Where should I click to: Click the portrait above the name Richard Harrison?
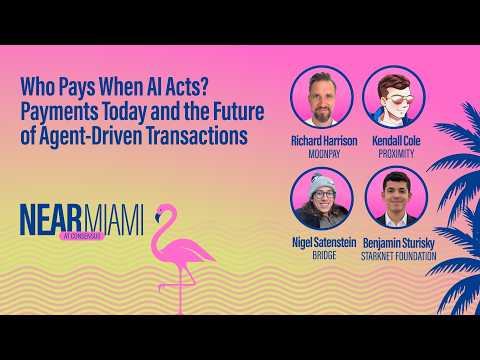pos(322,97)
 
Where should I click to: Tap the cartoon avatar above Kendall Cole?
pos(394,97)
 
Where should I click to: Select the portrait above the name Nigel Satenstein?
pos(322,198)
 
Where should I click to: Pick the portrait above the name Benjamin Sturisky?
pos(396,197)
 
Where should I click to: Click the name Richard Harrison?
pos(324,141)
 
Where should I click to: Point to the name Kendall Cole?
pos(396,141)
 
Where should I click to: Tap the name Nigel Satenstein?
pos(324,242)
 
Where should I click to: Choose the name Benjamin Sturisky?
pos(399,243)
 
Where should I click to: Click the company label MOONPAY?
pos(324,154)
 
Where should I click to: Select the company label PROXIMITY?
pos(396,154)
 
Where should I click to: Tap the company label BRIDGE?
pos(324,255)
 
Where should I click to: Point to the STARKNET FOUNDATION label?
pos(399,256)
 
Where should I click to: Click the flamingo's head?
pos(163,211)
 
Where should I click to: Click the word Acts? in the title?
pos(189,86)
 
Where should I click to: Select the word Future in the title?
pos(239,111)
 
